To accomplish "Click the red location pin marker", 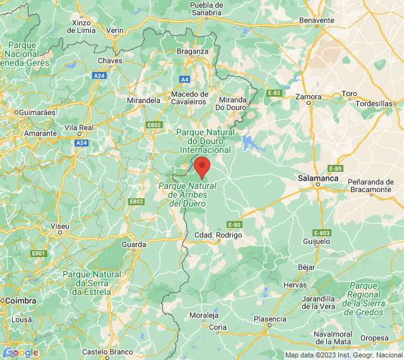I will point(202,168).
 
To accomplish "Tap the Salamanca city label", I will point(318,179).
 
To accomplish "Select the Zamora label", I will point(309,97).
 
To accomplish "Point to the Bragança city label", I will point(193,51).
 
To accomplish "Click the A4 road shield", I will point(184,79).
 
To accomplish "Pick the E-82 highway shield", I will point(274,93).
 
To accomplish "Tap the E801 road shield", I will point(39,253).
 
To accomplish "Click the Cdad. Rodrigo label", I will point(218,235).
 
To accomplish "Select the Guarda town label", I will point(134,244).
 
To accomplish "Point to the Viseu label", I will point(60,225).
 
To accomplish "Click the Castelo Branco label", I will point(107,352).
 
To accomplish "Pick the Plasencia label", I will point(270,319).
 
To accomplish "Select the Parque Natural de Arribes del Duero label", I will point(187,195).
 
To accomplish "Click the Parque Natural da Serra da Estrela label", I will point(92,283).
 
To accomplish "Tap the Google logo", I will point(21,352).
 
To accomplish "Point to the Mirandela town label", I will point(143,100).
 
